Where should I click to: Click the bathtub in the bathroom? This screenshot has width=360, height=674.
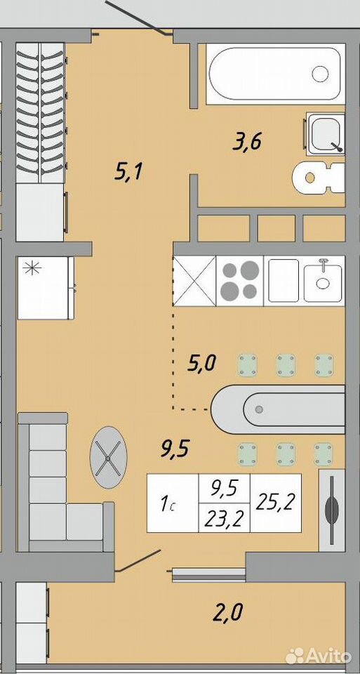(275, 74)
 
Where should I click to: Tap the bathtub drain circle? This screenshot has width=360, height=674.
(320, 74)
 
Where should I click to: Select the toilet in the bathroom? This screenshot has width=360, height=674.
(319, 178)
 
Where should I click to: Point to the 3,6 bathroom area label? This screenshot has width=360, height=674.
(247, 143)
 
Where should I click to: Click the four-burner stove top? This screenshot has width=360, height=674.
(239, 281)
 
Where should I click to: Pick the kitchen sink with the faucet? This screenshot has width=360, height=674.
(323, 281)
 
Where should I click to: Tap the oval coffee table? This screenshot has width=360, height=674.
(108, 457)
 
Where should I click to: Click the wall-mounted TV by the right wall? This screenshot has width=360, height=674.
(332, 510)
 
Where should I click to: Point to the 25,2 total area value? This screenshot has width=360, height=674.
(275, 502)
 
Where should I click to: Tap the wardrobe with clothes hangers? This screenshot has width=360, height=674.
(41, 142)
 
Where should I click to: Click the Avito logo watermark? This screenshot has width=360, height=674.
(319, 656)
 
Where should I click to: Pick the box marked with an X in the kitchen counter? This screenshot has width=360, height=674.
(194, 281)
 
